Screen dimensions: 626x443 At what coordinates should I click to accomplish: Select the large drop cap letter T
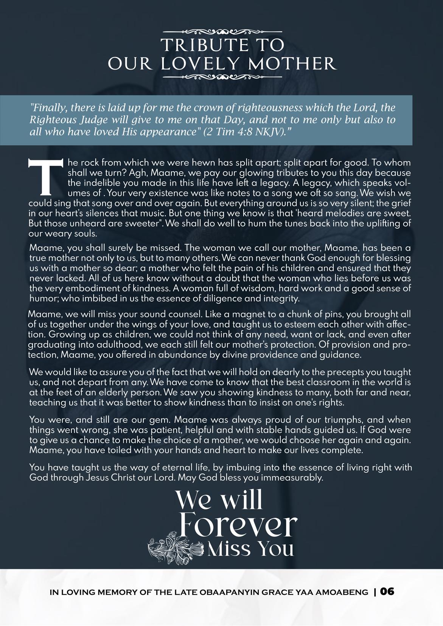(x=45, y=176)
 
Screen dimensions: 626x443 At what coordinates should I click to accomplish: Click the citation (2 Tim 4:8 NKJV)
(x=246, y=132)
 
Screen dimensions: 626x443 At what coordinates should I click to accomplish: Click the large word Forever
(x=237, y=524)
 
